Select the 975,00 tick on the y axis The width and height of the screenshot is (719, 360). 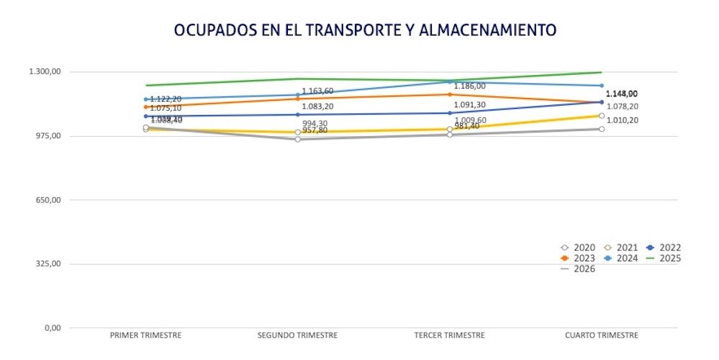pos(47,136)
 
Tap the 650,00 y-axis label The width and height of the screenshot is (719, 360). pos(47,200)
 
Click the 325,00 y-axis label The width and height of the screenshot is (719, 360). pos(47,264)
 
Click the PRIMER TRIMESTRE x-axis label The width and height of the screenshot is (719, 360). pos(145,336)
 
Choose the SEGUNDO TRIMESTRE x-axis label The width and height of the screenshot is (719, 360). pos(297,336)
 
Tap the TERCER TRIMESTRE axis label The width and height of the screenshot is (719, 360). pos(449,336)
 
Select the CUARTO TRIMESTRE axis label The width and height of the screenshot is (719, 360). pos(601,336)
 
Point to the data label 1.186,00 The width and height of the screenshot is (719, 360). pos(469,86)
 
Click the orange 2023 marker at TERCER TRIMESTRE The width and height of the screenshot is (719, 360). pos(449,94)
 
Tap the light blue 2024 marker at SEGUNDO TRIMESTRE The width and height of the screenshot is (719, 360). pos(297,95)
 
